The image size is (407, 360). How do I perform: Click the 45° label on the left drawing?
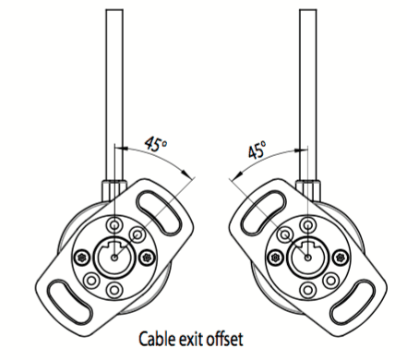pyautogui.click(x=158, y=144)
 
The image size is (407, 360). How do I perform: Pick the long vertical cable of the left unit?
pyautogui.click(x=114, y=83)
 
